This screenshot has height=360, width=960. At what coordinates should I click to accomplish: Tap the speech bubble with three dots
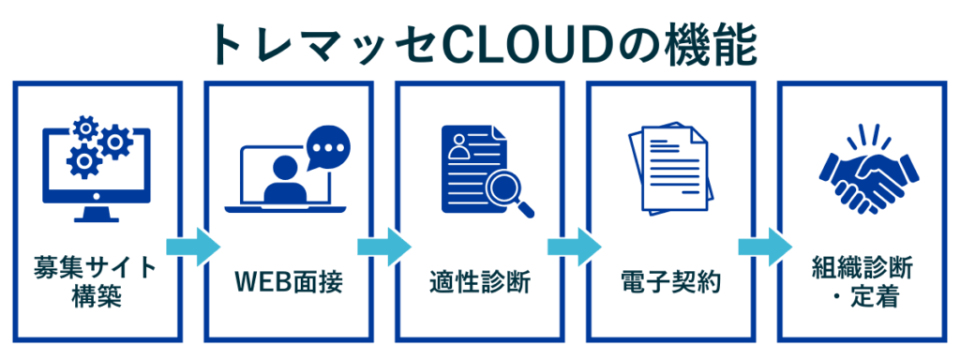(x=328, y=150)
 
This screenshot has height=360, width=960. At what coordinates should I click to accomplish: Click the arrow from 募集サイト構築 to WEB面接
(x=192, y=247)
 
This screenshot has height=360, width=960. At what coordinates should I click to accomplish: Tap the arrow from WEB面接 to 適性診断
(x=383, y=247)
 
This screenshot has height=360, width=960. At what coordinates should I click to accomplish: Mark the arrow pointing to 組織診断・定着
(x=765, y=247)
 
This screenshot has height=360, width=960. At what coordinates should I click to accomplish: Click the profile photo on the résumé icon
(x=458, y=146)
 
